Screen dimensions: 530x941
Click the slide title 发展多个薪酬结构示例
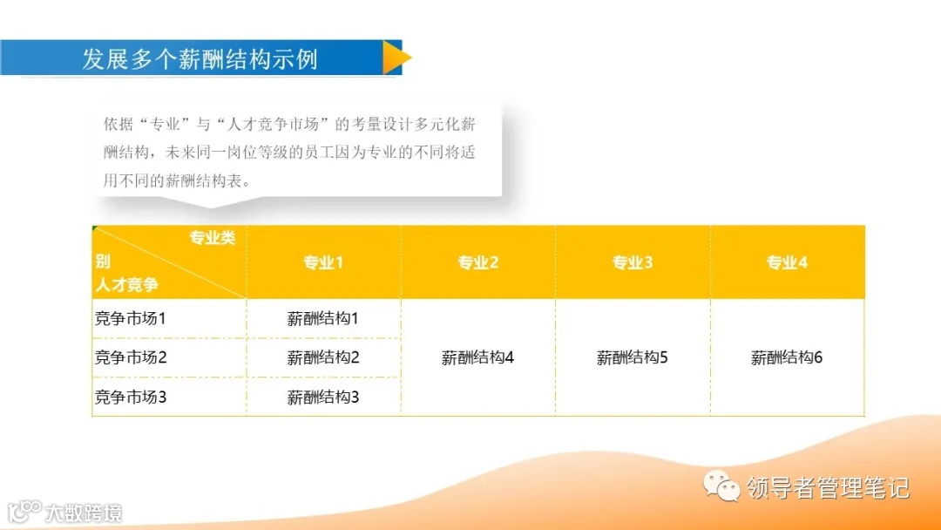point(200,58)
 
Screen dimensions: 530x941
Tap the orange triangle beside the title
point(396,58)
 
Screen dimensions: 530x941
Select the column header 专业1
point(323,262)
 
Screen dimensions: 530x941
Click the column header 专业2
point(478,262)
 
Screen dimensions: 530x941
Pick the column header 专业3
point(633,262)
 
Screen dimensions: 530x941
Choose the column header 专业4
point(787,262)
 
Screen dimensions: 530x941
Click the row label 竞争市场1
point(130,319)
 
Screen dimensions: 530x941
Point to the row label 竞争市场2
point(130,357)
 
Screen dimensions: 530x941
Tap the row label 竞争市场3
point(130,397)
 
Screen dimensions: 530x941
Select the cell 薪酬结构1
point(323,319)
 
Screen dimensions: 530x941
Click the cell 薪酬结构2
point(323,357)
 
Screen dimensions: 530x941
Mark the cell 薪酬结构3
point(323,397)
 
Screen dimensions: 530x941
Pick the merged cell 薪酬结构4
point(477,357)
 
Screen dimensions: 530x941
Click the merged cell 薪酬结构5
point(633,357)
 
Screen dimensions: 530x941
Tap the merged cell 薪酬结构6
point(787,357)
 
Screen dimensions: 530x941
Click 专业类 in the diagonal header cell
point(213,239)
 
